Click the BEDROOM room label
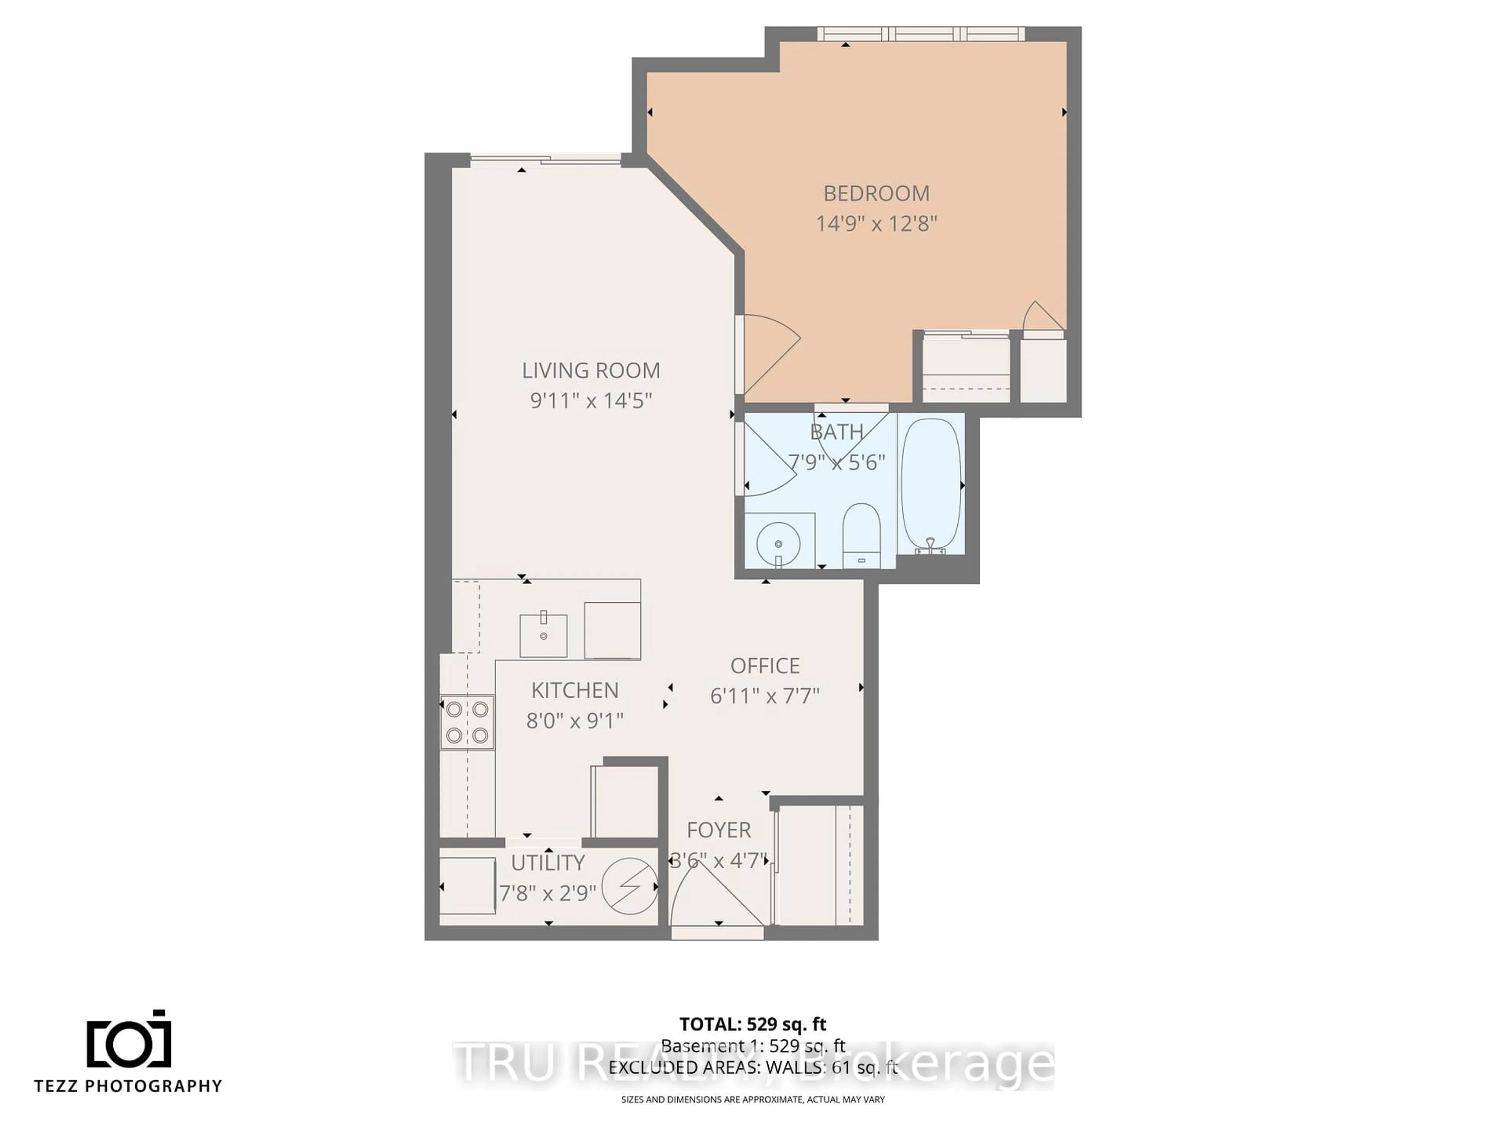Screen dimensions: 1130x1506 (x=876, y=193)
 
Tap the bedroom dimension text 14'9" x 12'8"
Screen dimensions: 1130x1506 (x=876, y=223)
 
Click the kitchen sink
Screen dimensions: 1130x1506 (x=543, y=635)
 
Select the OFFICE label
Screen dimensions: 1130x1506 (x=765, y=665)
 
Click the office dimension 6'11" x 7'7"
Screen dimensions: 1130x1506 (x=765, y=695)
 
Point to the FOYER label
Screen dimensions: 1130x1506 (x=718, y=829)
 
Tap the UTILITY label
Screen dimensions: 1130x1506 (x=547, y=863)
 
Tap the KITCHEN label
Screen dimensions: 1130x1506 (x=575, y=690)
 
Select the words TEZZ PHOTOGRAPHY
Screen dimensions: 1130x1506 (x=129, y=1086)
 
